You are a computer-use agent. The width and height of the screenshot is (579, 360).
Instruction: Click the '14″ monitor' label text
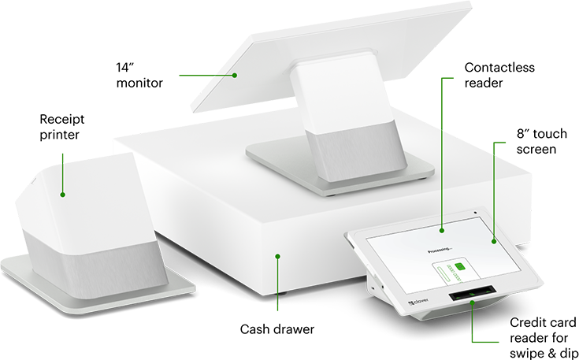139,76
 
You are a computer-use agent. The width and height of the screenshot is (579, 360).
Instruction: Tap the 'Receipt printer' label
62,127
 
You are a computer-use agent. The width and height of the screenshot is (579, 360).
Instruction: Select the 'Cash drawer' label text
277,329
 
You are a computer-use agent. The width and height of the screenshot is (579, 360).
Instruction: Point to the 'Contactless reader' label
499,76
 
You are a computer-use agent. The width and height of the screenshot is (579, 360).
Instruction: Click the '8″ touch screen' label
541,142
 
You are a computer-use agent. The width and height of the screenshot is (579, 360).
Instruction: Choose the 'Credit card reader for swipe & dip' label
544,337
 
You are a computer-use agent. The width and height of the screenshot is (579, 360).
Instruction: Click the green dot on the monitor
235,76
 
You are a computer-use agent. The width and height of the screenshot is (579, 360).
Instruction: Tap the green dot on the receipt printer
62,195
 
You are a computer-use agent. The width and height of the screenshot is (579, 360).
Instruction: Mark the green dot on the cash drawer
277,256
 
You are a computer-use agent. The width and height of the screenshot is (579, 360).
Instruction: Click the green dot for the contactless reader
442,231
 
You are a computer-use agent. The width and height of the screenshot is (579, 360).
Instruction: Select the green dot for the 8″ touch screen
494,242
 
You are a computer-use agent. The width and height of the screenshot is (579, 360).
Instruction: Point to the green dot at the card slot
472,302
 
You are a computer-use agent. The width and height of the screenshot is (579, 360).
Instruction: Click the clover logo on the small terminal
418,302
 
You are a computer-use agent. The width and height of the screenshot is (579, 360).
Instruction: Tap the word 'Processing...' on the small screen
440,251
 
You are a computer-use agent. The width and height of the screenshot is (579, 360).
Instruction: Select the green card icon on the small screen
460,266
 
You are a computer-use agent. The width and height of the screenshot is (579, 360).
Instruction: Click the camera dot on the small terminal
475,213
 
